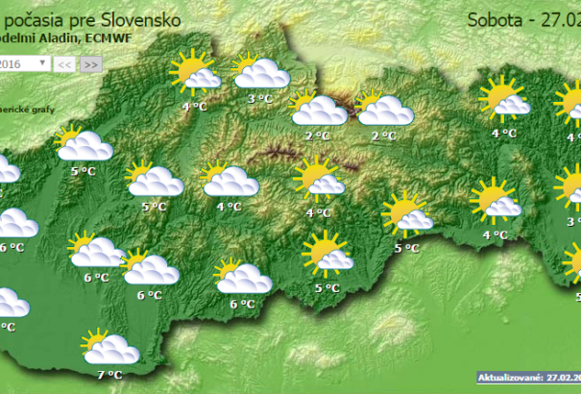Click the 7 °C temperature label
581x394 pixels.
109,375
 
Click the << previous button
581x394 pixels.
64,63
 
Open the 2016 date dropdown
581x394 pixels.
25,63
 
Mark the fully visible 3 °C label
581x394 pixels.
259,98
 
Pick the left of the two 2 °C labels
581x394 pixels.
317,136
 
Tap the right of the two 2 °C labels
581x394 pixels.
384,136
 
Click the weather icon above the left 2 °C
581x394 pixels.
317,108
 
